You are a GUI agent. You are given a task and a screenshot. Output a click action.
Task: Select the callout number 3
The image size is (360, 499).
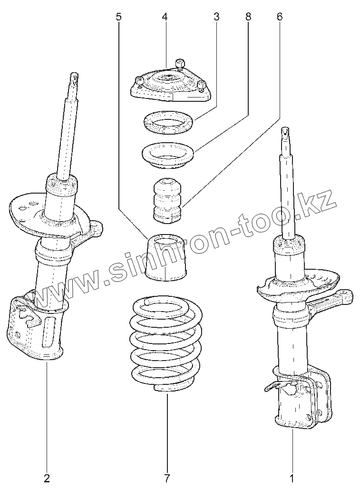coord(216,17)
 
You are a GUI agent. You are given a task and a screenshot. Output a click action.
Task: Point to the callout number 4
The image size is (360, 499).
coord(165,17)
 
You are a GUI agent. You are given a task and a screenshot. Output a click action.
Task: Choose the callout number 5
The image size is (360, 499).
coord(118,17)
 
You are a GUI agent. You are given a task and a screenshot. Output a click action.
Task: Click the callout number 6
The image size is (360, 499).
coord(280,17)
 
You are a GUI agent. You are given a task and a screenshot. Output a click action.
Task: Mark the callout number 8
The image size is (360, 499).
coord(248,17)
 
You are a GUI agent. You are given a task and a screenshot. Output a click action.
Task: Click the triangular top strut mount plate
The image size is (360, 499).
coord(170,83)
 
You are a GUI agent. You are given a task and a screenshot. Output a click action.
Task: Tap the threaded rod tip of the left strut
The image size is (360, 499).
coord(74,78)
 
